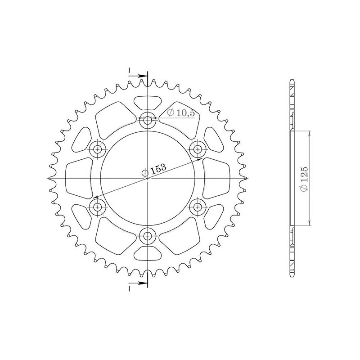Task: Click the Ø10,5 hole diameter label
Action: point(181,113)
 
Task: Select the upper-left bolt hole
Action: point(98,149)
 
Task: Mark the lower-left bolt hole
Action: point(98,207)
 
